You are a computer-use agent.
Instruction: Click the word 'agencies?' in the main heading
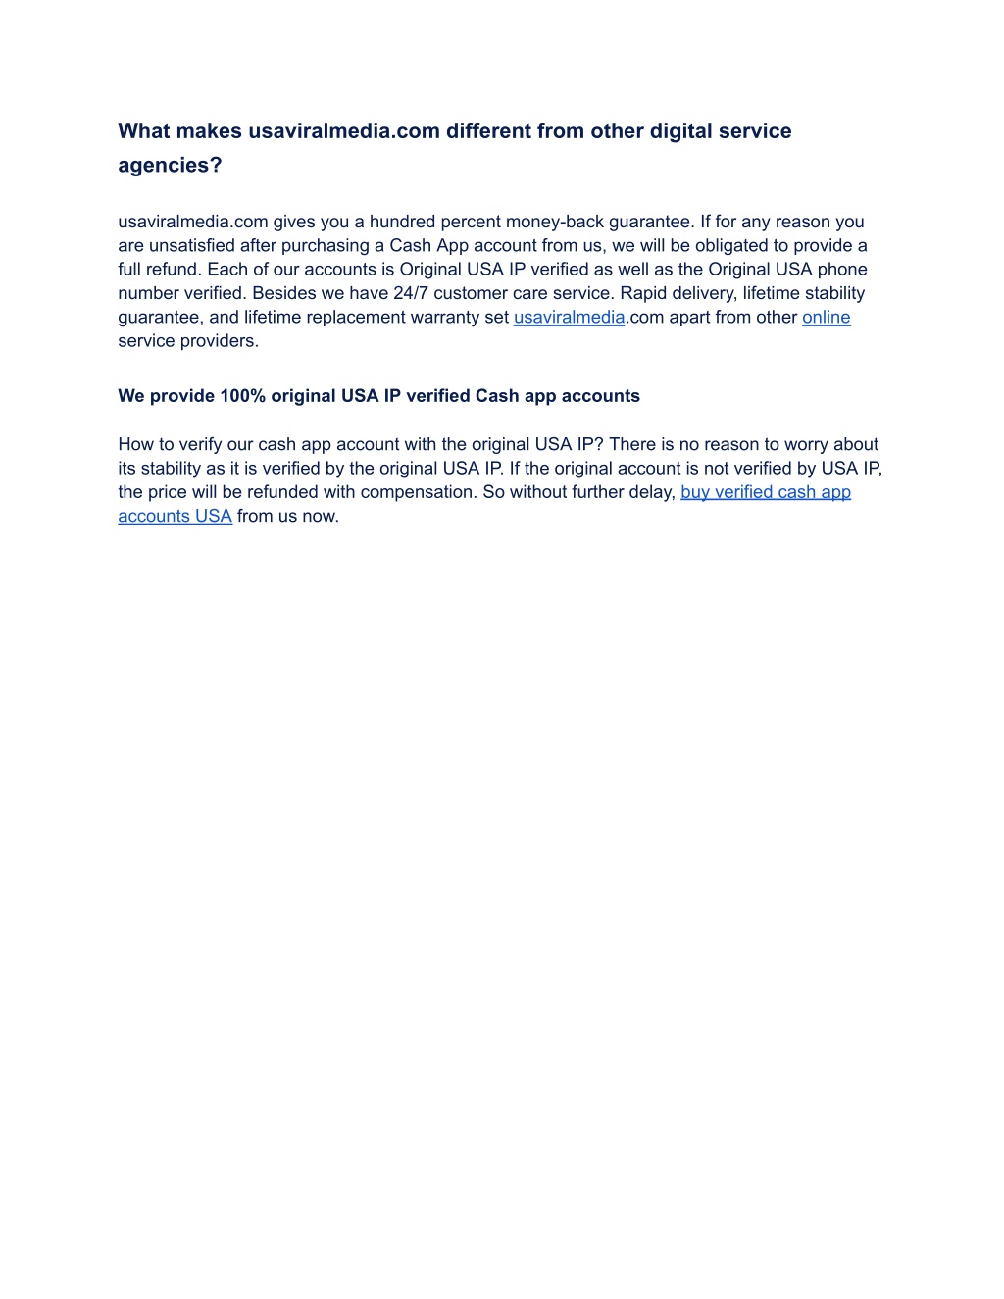[x=170, y=165]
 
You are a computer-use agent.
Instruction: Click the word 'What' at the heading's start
[x=144, y=131]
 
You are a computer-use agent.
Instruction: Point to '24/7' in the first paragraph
[x=411, y=293]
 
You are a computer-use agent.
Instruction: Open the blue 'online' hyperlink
[x=826, y=317]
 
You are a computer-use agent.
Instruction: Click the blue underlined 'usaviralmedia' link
[x=569, y=317]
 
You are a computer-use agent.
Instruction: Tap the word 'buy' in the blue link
[x=695, y=492]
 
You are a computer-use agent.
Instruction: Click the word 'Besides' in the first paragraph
[x=283, y=293]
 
